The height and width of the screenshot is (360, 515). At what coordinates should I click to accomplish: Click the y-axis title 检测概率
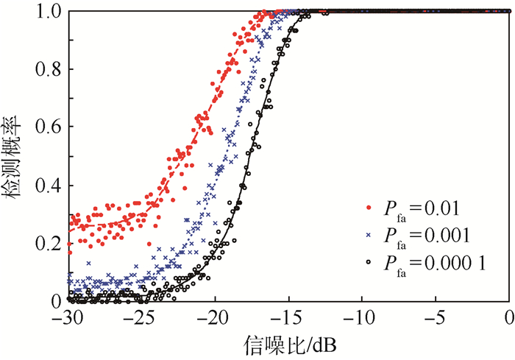(x=14, y=156)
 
